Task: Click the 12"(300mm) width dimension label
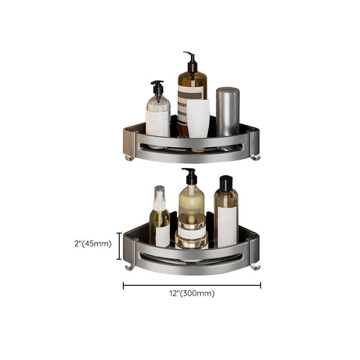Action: pos(192,294)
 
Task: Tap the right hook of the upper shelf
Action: pos(255,156)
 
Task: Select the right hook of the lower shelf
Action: pos(256,267)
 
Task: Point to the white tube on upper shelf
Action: pos(198,119)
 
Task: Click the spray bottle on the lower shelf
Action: pos(160,216)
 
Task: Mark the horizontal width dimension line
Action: pos(192,285)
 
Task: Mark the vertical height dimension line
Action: pos(119,246)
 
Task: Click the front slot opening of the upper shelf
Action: pos(192,147)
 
